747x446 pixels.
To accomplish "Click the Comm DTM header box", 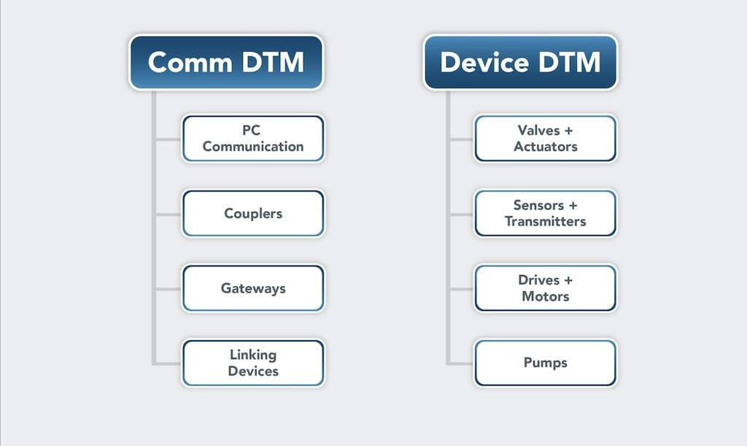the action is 226,62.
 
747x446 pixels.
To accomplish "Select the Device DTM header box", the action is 520,62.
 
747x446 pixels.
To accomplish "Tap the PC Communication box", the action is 253,138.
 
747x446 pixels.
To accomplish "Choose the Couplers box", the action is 253,213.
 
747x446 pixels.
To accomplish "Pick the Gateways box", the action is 253,288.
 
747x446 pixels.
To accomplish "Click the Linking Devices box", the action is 253,363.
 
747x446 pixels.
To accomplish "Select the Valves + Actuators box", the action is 545,138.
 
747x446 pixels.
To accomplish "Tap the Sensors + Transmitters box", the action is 545,213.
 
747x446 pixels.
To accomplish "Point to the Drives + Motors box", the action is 545,288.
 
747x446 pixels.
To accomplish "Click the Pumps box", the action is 545,363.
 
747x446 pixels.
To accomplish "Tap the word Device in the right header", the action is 484,63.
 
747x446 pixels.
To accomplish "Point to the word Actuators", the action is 546,146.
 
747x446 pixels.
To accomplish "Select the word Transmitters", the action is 546,221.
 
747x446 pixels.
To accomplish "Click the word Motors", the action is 546,296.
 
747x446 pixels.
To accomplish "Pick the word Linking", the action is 253,355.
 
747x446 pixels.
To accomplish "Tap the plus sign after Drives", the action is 568,280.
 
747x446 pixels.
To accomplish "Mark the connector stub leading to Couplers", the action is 169,215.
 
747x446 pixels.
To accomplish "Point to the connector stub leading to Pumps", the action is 461,364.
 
